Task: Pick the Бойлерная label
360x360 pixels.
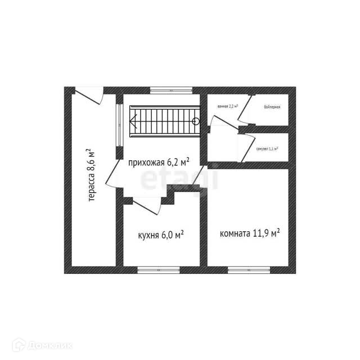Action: click(x=272, y=106)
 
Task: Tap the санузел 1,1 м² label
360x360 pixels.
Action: click(x=267, y=149)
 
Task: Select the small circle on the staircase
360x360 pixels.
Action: click(x=196, y=121)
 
